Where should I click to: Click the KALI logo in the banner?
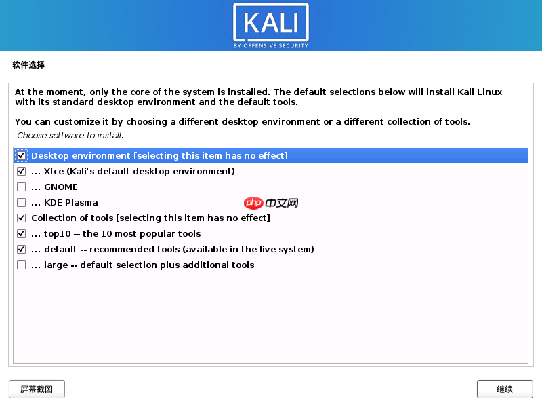point(270,22)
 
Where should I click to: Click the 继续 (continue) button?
point(504,389)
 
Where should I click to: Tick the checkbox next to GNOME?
point(22,187)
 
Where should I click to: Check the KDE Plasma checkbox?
point(22,203)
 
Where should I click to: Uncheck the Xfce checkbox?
point(22,172)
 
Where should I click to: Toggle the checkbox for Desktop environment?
point(22,156)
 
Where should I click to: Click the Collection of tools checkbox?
point(22,218)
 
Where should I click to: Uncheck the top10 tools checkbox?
point(22,234)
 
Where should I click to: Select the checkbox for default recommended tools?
point(22,250)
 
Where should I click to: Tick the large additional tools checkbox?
point(22,265)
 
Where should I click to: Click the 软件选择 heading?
point(28,65)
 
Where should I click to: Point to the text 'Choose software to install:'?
point(70,136)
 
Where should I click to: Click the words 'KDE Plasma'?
point(70,203)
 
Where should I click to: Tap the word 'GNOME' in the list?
point(61,187)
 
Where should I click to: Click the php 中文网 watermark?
point(271,203)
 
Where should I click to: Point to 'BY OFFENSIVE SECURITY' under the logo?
point(270,46)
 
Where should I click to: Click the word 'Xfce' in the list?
point(54,172)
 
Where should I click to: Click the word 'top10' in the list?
point(57,234)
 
